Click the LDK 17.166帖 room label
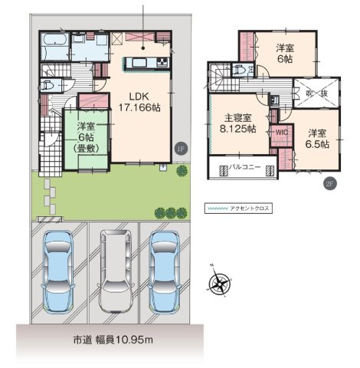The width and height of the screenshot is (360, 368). pos(139,102)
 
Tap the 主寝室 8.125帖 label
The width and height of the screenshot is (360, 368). pos(237,123)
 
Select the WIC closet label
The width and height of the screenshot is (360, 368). pos(282,133)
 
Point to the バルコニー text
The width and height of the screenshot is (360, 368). pos(244,167)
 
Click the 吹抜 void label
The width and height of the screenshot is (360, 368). pos(316,94)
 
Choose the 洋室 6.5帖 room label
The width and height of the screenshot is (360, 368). pos(317,139)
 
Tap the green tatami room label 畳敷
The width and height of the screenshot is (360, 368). pos(86,149)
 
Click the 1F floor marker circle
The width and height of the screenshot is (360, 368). pos(181,149)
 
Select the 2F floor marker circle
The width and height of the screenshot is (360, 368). pos(330,183)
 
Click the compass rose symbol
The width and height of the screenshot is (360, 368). pos(219,283)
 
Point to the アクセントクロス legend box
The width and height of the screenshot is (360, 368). pos(238,209)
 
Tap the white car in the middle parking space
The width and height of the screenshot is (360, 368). pos(116,271)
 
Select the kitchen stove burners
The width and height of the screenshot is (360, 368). pos(162,62)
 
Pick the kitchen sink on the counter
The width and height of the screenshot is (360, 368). pos(138,62)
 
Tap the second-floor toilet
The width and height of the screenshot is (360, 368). pos(240,69)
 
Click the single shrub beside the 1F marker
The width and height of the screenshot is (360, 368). pos(182,171)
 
